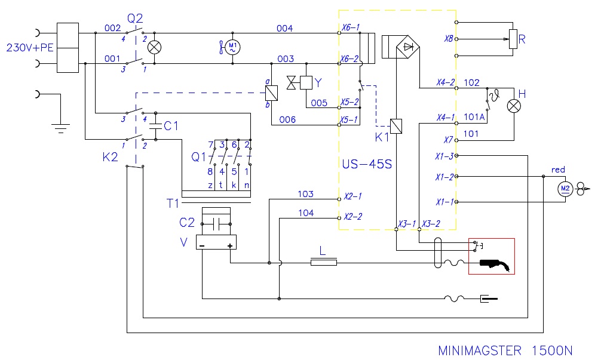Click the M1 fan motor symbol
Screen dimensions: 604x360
[232, 47]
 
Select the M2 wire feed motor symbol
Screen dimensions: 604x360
[565, 189]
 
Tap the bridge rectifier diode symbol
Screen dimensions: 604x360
[408, 47]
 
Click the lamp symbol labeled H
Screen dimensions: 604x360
[514, 106]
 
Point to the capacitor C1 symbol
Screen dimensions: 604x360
[155, 125]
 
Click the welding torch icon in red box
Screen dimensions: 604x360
[496, 264]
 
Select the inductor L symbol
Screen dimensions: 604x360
[324, 263]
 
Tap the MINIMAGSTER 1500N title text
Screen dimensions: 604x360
[505, 350]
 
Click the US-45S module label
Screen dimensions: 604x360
[367, 164]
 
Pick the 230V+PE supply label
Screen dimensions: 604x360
[30, 48]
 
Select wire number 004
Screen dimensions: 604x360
[284, 28]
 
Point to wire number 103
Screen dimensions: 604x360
[305, 194]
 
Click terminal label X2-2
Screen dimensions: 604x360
[353, 216]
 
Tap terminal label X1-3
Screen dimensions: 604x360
[444, 156]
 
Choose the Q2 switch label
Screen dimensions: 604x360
[135, 18]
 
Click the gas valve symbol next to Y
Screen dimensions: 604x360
[291, 83]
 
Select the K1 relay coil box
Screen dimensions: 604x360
[396, 126]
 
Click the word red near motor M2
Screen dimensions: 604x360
[558, 170]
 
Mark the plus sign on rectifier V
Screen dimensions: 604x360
[230, 245]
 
